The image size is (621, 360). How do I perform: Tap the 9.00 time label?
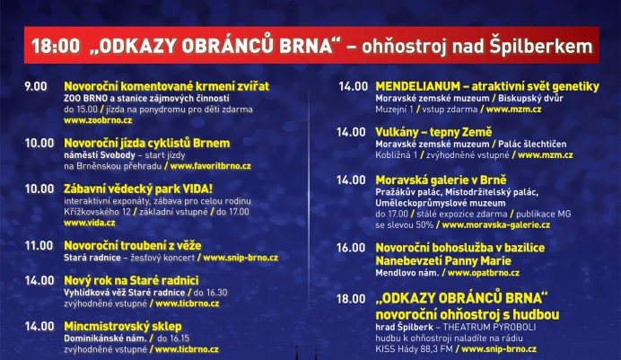click(36, 86)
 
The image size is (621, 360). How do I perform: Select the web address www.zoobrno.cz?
click(98, 120)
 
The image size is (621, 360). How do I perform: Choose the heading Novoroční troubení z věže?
click(132, 245)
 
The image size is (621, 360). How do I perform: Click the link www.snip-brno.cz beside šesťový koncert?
click(241, 258)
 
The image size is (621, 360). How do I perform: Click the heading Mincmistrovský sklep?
click(127, 325)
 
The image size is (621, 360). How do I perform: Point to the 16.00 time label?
click(351, 247)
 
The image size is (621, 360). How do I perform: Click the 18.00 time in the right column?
click(351, 298)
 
